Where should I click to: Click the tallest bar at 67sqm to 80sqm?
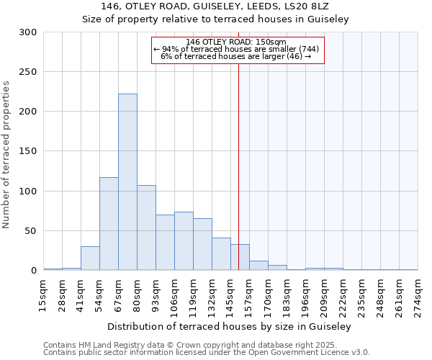pos(127,182)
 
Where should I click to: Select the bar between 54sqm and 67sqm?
pos(109,223)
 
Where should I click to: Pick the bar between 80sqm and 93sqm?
pos(146,228)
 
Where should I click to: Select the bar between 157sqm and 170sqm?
pos(258,265)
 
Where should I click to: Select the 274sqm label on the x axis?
pos(418,295)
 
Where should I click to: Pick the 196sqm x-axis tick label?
pos(306,295)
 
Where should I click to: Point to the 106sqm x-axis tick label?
pos(175,295)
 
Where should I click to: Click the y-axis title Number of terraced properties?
pos(6,154)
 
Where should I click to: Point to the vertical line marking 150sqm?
pos(238,166)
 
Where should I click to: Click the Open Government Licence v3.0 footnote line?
pos(207,352)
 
